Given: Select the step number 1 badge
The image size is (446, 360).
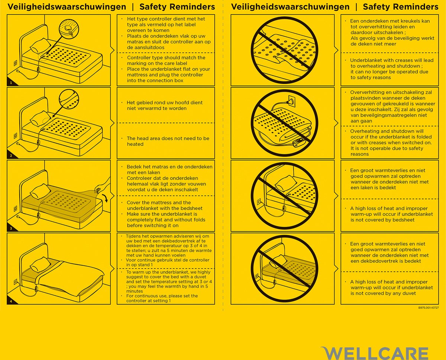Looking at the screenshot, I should click(x=11, y=83).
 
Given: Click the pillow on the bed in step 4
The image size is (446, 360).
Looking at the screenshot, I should click(x=38, y=265).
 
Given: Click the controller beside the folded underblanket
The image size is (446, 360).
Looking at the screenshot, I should click(x=300, y=141).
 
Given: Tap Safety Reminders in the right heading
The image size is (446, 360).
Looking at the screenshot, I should click(x=401, y=7).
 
